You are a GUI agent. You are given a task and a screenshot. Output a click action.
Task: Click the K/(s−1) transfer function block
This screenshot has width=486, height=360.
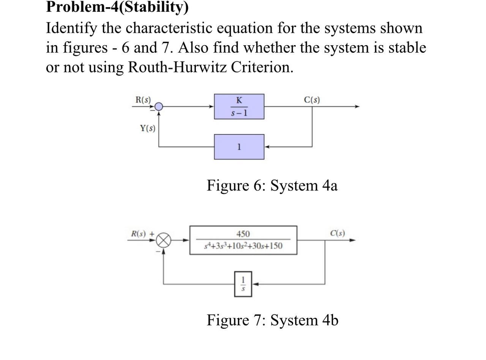(x=239, y=106)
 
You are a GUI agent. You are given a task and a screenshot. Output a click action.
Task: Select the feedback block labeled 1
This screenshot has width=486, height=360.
(x=239, y=147)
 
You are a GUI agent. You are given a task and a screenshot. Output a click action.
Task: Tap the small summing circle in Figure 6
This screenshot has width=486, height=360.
(x=159, y=107)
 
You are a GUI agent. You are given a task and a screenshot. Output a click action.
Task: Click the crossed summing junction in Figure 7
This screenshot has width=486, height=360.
(x=164, y=240)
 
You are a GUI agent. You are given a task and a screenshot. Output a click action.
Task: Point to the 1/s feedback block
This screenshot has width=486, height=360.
(x=243, y=284)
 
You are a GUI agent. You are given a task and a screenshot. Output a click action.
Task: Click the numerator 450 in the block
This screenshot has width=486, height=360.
(x=243, y=234)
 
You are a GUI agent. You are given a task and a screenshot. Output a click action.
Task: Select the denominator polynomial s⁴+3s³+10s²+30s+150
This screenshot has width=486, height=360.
(x=243, y=246)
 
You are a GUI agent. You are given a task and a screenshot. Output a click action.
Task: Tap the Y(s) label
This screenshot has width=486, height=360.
(x=147, y=128)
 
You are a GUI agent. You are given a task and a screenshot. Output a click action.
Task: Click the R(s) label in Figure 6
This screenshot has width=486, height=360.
(x=143, y=100)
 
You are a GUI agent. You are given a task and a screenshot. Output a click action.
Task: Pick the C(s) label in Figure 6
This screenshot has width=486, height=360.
(x=312, y=100)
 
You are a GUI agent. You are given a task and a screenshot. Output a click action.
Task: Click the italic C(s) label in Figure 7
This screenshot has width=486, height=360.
(x=337, y=233)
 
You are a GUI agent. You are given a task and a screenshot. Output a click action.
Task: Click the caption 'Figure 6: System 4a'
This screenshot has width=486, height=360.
(x=272, y=186)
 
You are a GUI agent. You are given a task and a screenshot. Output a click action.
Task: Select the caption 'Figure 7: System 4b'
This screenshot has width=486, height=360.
(x=272, y=320)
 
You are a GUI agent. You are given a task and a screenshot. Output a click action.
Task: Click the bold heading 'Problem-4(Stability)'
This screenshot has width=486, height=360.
(x=117, y=7)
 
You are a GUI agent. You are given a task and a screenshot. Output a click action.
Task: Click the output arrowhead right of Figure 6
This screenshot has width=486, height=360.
(x=357, y=107)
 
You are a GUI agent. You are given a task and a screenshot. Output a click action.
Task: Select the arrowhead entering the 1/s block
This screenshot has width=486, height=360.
(x=256, y=284)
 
